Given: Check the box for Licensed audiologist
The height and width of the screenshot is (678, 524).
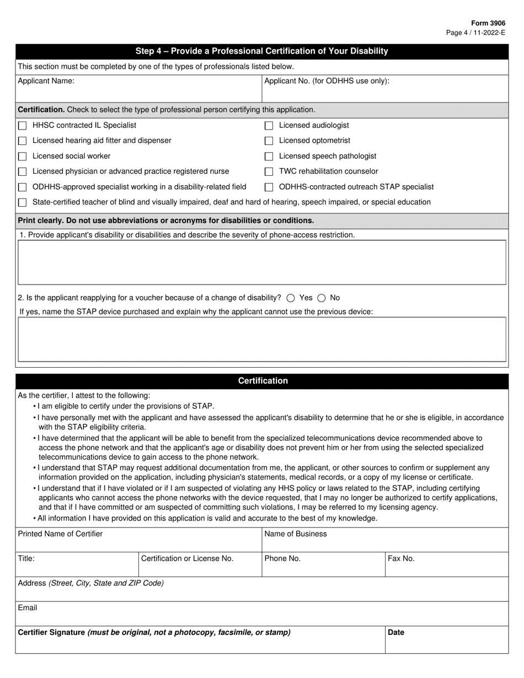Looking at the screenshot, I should click(x=269, y=126).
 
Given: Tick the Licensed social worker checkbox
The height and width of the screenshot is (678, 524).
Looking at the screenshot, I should click(x=23, y=157).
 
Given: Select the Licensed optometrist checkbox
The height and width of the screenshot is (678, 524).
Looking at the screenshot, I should click(x=269, y=141).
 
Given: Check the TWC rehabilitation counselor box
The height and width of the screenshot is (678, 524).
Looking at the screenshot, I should click(x=269, y=172).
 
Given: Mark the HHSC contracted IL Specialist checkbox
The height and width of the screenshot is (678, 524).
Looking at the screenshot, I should click(x=23, y=126).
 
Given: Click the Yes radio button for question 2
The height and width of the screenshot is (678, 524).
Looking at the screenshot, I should click(x=291, y=298).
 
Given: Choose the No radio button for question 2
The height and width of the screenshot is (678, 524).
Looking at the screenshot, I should click(x=322, y=298).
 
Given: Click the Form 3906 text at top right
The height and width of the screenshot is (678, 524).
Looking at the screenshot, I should click(x=488, y=24).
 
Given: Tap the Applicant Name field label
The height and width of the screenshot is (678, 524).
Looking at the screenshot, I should click(x=46, y=81).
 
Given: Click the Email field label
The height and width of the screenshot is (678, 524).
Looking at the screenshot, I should click(x=28, y=608).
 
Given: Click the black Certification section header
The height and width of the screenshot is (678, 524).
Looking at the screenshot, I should click(x=263, y=381).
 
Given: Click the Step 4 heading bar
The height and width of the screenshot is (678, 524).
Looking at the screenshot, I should click(x=263, y=51).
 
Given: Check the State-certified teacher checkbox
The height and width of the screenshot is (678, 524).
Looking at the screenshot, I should click(x=23, y=203).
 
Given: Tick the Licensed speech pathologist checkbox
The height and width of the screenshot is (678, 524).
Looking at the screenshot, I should click(x=269, y=157).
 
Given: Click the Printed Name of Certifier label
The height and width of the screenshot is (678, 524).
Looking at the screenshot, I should click(x=61, y=534).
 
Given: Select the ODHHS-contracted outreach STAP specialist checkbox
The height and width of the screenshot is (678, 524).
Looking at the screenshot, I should click(x=269, y=187).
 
